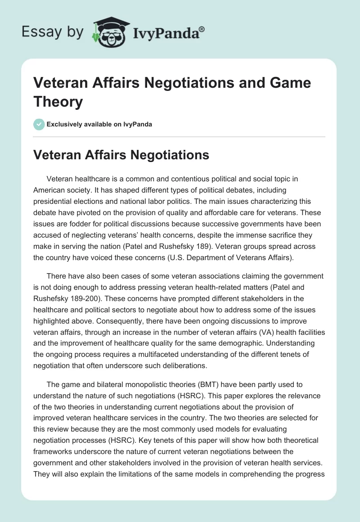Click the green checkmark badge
point(39,124)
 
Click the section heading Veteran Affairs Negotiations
point(122,155)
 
